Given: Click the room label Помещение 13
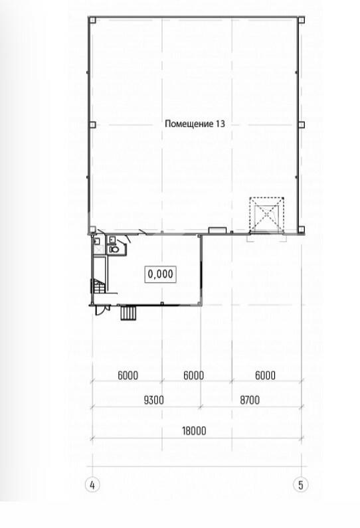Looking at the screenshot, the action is pyautogui.click(x=195, y=124).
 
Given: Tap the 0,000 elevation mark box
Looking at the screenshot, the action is pyautogui.click(x=161, y=274).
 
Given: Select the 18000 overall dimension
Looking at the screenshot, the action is pyautogui.click(x=194, y=430).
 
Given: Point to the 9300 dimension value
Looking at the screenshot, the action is pyautogui.click(x=154, y=400).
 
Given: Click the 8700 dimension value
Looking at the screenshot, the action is pyautogui.click(x=250, y=400).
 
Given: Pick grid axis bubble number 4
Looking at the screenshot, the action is pyautogui.click(x=92, y=485).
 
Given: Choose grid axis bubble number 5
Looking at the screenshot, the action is pyautogui.click(x=301, y=485).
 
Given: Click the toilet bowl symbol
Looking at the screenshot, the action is pyautogui.click(x=114, y=250).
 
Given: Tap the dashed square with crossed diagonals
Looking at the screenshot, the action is pyautogui.click(x=267, y=214).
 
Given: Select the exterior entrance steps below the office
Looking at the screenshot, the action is pyautogui.click(x=128, y=313).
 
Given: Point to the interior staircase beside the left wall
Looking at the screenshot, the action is pyautogui.click(x=98, y=286).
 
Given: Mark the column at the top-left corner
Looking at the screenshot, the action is pyautogui.click(x=92, y=20).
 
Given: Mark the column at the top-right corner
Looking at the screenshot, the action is pyautogui.click(x=302, y=20).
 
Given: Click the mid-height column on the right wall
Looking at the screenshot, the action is pyautogui.click(x=302, y=125).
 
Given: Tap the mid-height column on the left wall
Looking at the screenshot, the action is pyautogui.click(x=92, y=125).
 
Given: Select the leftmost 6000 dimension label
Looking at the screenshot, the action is pyautogui.click(x=128, y=375).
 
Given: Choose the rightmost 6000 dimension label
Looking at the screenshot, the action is pyautogui.click(x=266, y=375).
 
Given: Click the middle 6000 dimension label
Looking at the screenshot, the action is pyautogui.click(x=194, y=375).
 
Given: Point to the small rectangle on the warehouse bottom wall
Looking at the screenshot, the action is pyautogui.click(x=217, y=230).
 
